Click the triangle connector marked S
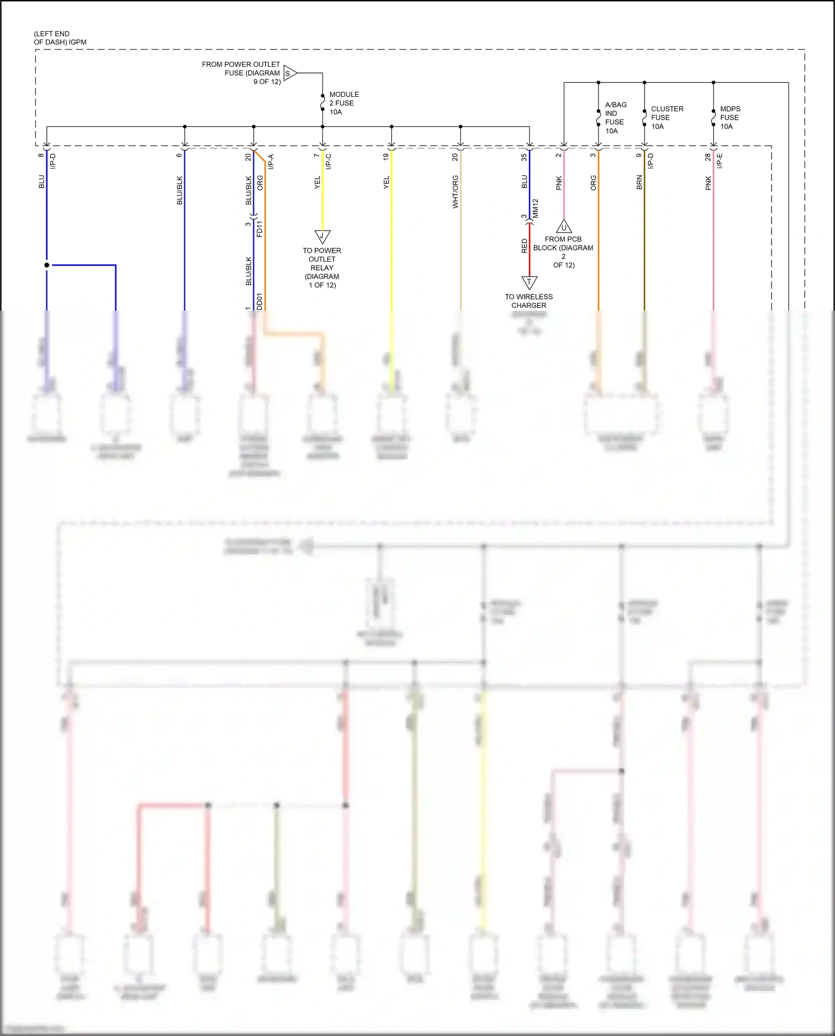pos(289,73)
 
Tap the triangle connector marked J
pos(322,236)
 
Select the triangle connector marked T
pos(529,282)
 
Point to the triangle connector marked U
pos(564,227)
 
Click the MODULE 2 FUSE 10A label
pos(343,104)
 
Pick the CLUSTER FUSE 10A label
pos(666,117)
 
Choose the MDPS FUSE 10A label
pos(730,117)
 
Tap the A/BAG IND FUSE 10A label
pos(615,118)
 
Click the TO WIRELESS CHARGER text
pos(529,301)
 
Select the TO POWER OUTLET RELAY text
pos(322,268)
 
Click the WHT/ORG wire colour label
pos(455,192)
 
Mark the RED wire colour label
pos(524,246)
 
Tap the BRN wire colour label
pos(640,183)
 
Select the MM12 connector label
pos(536,208)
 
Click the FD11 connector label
pos(259,229)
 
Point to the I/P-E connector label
pos(719,161)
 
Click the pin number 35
pos(524,158)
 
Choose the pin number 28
pos(708,158)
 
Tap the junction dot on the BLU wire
pos(47,265)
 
